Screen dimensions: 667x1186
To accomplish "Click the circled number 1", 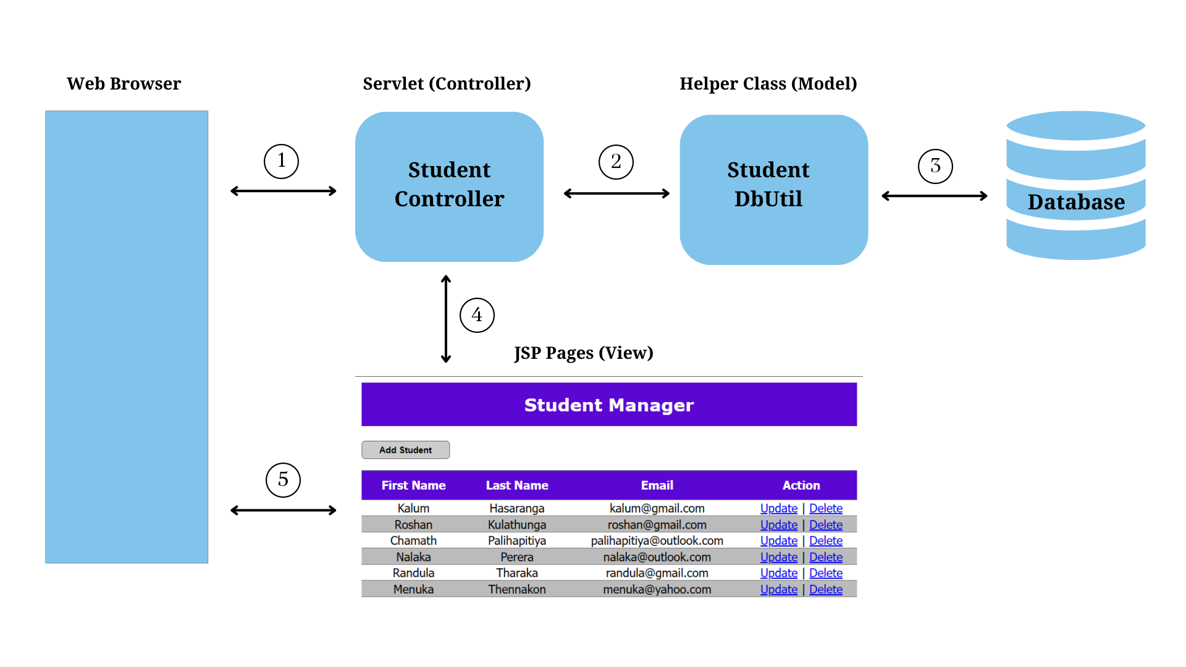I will click(281, 161).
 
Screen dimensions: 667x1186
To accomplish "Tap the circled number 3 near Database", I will click(935, 166).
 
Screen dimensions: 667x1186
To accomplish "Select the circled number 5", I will click(283, 480).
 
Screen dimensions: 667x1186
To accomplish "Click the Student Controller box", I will click(449, 187).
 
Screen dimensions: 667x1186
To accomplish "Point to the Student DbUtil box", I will click(773, 190).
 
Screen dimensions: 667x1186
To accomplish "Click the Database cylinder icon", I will click(1075, 185).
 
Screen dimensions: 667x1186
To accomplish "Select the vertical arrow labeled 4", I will click(446, 319).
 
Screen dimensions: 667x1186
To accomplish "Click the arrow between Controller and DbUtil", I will click(616, 193).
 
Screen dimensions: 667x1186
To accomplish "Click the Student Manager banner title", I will click(608, 405).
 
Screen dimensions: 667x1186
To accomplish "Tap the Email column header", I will click(657, 485).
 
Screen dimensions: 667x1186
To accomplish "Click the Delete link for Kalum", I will click(825, 508).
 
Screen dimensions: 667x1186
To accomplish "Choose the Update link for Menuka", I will click(778, 589).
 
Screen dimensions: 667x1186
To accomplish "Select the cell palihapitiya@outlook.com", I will click(657, 540).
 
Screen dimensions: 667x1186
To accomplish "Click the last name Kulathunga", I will click(516, 524).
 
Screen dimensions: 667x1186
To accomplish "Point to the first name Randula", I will click(413, 573).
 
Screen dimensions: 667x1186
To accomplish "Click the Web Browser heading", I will click(124, 83).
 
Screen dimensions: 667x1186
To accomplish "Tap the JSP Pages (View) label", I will click(583, 353).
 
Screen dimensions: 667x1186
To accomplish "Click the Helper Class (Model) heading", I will click(768, 83).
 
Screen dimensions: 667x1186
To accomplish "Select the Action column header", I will click(801, 485).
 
